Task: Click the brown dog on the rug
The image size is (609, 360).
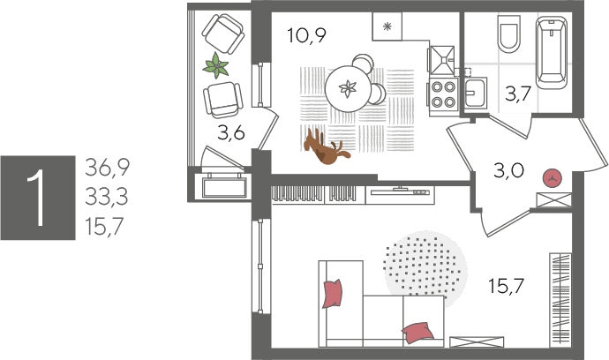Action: [x=327, y=148]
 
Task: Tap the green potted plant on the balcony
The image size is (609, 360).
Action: [x=215, y=65]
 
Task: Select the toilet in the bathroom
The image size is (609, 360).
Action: [x=508, y=34]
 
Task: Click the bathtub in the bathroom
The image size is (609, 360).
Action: [x=552, y=52]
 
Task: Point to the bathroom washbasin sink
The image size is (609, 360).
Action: [x=476, y=93]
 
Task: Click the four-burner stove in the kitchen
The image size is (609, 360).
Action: [x=443, y=94]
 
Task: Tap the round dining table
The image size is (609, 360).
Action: [x=348, y=89]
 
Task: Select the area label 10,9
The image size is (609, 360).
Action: [x=307, y=35]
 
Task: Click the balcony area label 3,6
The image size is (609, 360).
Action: [x=230, y=133]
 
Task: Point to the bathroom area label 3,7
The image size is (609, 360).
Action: [x=518, y=94]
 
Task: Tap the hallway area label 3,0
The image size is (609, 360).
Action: [x=508, y=170]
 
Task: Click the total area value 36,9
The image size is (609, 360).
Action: [x=107, y=168]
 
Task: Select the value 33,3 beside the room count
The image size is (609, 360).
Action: [x=107, y=197]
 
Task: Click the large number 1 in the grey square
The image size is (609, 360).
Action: [x=38, y=198]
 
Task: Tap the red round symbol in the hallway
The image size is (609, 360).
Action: [x=553, y=178]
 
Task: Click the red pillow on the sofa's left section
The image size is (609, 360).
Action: [x=333, y=293]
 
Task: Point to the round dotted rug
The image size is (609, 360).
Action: [x=425, y=267]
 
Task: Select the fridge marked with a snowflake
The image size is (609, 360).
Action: [x=387, y=26]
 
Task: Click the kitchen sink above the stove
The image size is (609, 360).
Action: [x=442, y=60]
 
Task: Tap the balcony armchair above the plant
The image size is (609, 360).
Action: [x=223, y=34]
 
